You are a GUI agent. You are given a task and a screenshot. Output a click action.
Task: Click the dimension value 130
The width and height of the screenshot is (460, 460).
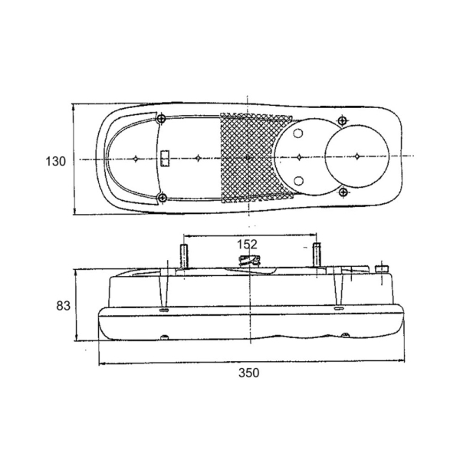[56, 161]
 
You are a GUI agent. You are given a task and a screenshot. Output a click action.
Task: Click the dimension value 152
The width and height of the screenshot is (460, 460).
[247, 244]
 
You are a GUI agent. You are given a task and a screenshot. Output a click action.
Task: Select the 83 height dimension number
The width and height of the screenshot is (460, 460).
[64, 306]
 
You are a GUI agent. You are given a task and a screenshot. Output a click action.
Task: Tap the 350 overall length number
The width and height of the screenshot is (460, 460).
[248, 373]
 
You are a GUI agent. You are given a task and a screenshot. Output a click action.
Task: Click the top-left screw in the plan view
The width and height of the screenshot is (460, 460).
[161, 119]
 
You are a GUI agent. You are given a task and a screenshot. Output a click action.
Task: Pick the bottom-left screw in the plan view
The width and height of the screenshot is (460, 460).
[162, 198]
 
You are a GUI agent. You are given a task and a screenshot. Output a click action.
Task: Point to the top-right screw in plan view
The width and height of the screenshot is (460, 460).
[342, 120]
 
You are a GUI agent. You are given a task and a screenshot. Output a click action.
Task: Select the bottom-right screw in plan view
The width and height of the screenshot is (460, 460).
[343, 192]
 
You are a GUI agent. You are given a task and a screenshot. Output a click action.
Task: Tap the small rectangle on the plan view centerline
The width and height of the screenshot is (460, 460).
[166, 159]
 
